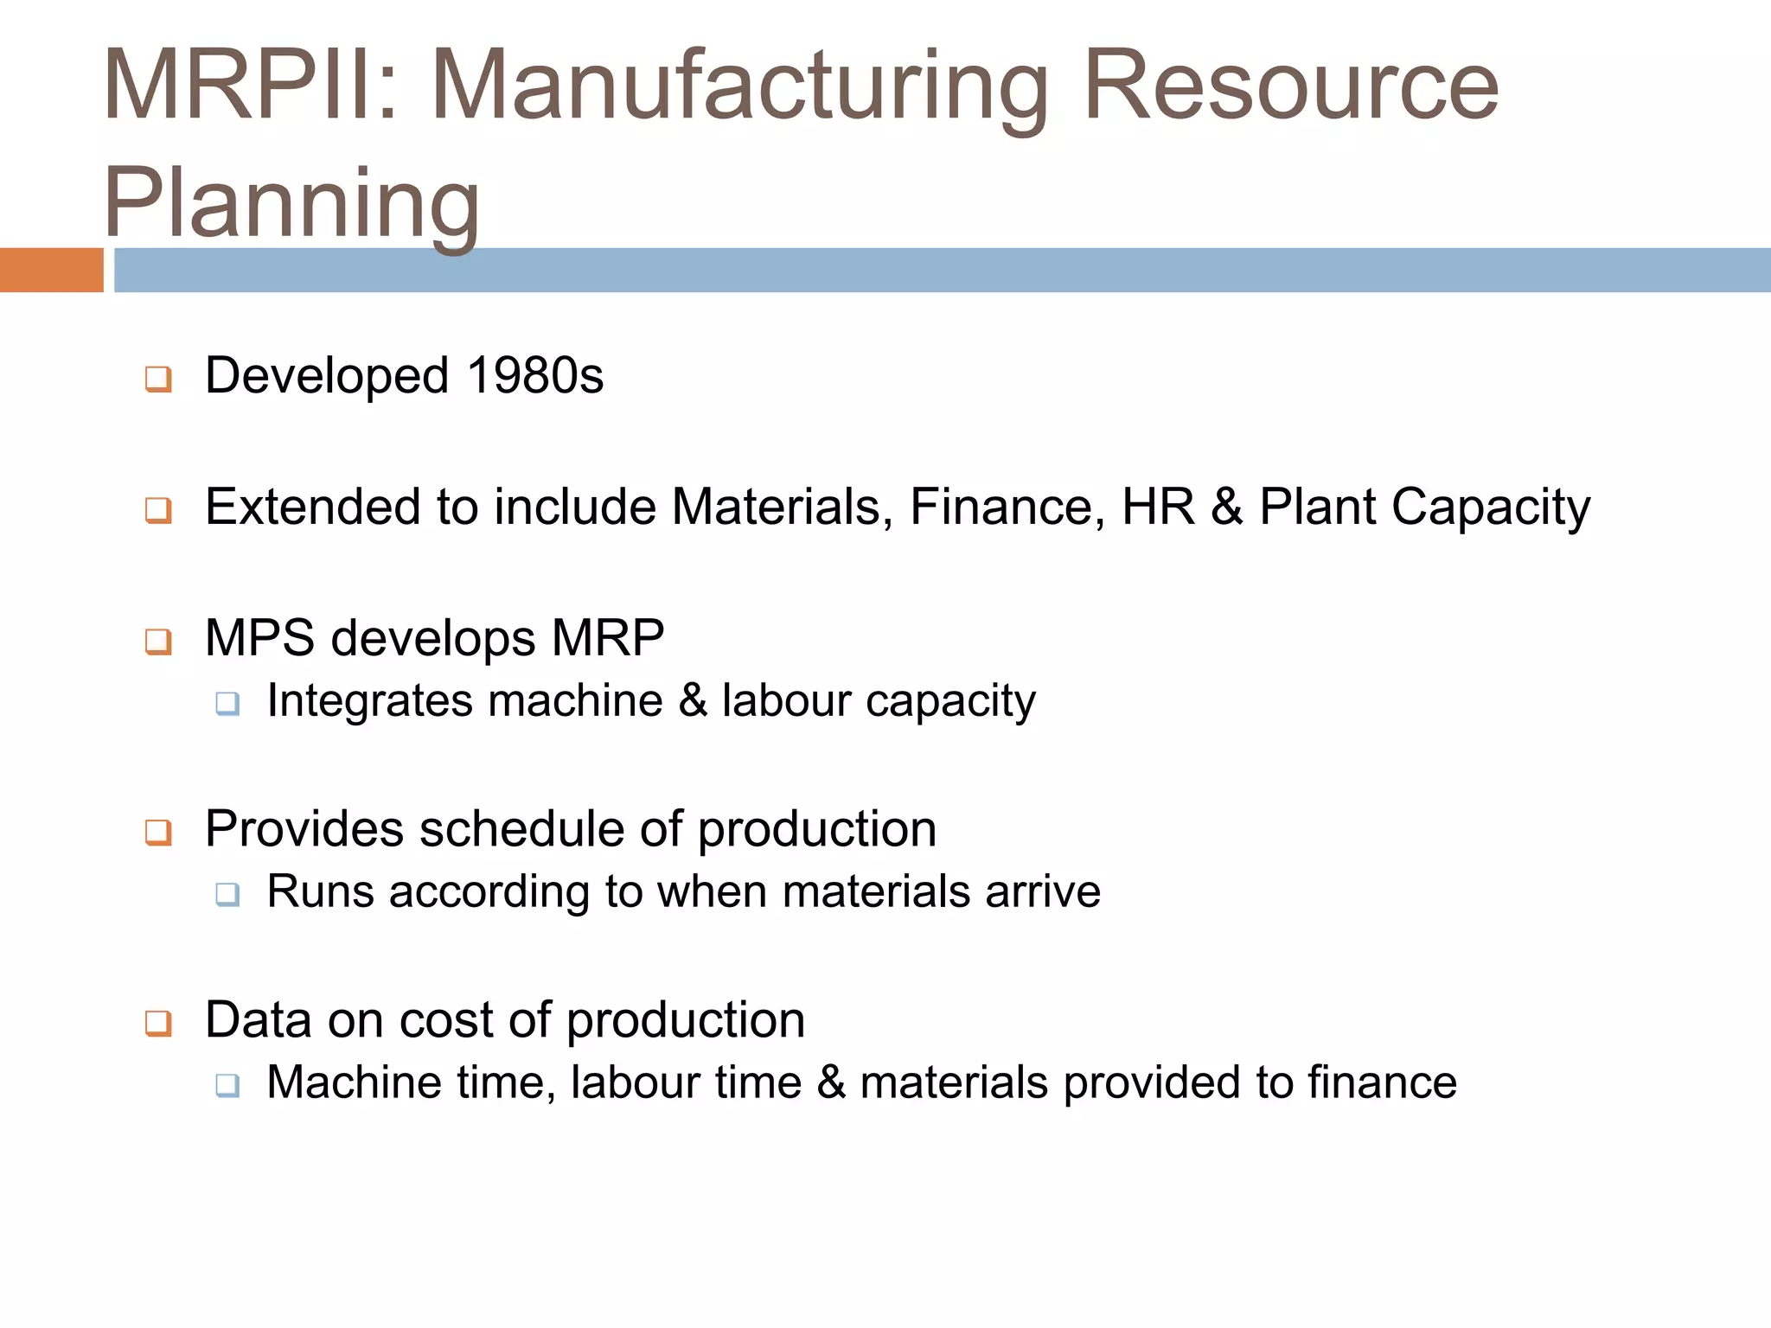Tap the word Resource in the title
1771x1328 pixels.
[1290, 85]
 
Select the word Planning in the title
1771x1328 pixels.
[291, 204]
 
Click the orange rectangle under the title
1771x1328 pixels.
[51, 270]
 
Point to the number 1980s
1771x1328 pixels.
[534, 376]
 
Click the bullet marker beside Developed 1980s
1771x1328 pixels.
[158, 379]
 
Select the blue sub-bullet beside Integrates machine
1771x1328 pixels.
[227, 703]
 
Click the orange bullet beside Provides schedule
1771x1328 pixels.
[158, 833]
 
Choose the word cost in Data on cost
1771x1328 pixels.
[446, 1020]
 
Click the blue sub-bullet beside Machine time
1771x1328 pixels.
[227, 1085]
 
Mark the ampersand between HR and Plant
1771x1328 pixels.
[1226, 507]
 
